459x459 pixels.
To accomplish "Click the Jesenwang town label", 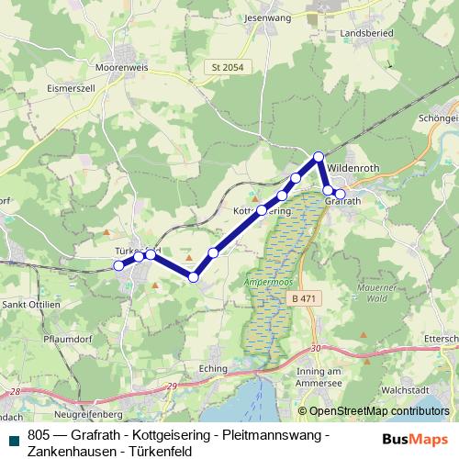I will (x=267, y=17).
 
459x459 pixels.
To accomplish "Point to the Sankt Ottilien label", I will (x=32, y=304).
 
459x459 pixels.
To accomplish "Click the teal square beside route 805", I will (x=13, y=440).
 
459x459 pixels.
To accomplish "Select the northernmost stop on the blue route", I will (x=319, y=157).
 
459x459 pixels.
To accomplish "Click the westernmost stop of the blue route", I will (x=118, y=265).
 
